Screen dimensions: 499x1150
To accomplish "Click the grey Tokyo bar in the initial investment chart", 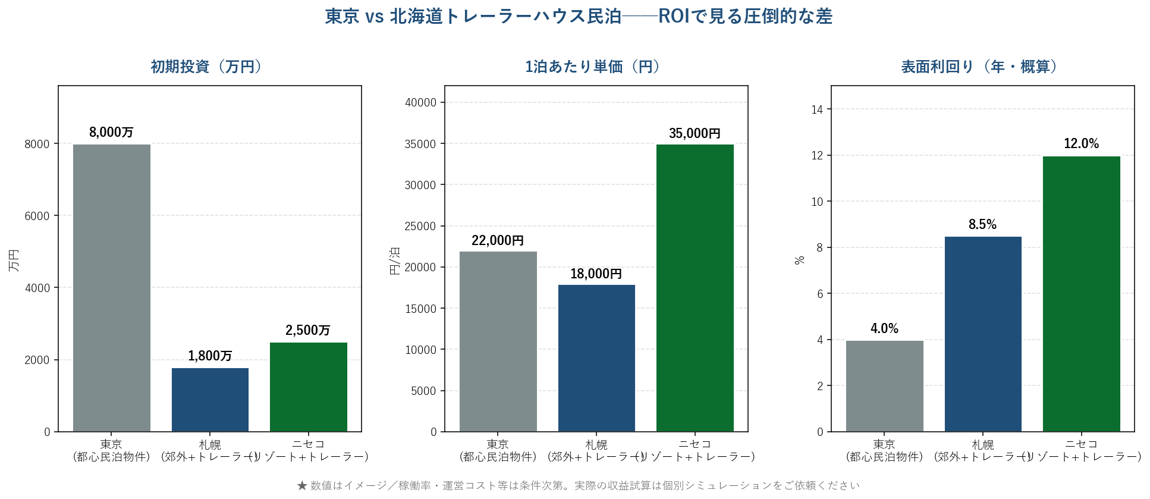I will click(x=112, y=288).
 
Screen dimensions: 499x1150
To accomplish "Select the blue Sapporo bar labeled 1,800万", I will click(x=210, y=400).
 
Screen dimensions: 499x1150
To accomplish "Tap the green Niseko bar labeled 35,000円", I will click(x=695, y=288).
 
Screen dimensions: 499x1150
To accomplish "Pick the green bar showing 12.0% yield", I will click(x=1081, y=294).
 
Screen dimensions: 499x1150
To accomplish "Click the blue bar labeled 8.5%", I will click(x=983, y=334).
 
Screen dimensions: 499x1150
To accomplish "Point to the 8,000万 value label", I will click(x=111, y=132).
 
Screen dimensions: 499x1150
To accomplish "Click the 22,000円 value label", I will click(x=498, y=240).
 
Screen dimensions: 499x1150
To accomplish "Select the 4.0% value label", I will click(x=884, y=328).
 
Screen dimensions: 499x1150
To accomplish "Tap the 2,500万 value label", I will click(x=307, y=330).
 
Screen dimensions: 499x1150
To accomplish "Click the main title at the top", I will click(x=578, y=16).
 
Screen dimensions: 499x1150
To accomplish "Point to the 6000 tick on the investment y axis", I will click(x=37, y=216).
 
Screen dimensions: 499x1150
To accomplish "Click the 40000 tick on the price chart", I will click(x=420, y=102).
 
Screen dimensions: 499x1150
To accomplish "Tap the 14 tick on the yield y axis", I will click(x=817, y=109).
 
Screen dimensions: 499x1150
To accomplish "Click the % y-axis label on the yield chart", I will click(x=800, y=260).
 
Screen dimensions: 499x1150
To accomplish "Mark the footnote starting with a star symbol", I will click(x=578, y=485).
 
